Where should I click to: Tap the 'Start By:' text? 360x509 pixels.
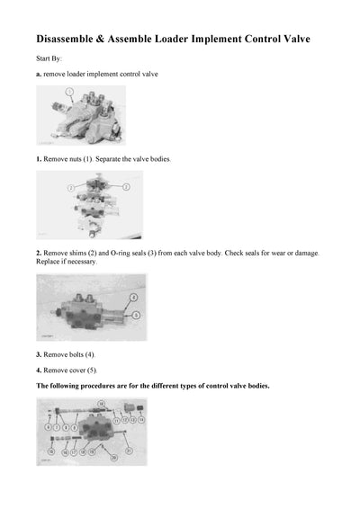[49, 58]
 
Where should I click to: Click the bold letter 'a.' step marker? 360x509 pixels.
[39, 73]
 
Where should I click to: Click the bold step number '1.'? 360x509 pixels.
[39, 158]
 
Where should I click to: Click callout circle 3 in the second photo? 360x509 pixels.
[126, 186]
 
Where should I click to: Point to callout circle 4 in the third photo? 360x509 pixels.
[133, 296]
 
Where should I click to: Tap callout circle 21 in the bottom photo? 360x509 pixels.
[130, 450]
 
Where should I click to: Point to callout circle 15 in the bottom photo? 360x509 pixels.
[51, 450]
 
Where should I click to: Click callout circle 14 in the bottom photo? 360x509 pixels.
[140, 419]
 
